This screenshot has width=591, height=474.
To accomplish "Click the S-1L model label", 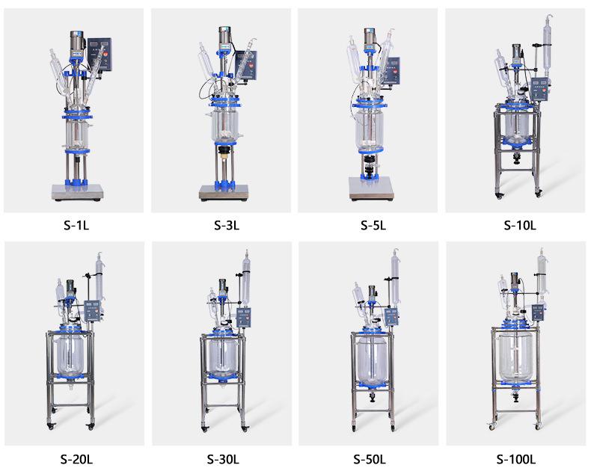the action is click(x=76, y=225).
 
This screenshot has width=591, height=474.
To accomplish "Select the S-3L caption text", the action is click(x=227, y=225).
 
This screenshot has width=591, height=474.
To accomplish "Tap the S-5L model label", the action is click(x=373, y=225).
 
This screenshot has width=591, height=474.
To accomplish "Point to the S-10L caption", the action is click(x=520, y=225).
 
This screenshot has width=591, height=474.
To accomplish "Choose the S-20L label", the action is click(x=76, y=459).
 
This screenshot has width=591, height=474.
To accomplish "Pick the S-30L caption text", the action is click(x=223, y=459).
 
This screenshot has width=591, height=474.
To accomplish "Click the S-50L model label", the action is click(x=370, y=459).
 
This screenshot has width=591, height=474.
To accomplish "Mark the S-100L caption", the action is click(x=516, y=459).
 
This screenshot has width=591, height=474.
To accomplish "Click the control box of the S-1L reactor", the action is click(x=100, y=55).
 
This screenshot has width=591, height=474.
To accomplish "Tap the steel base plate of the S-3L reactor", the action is click(x=224, y=192).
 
